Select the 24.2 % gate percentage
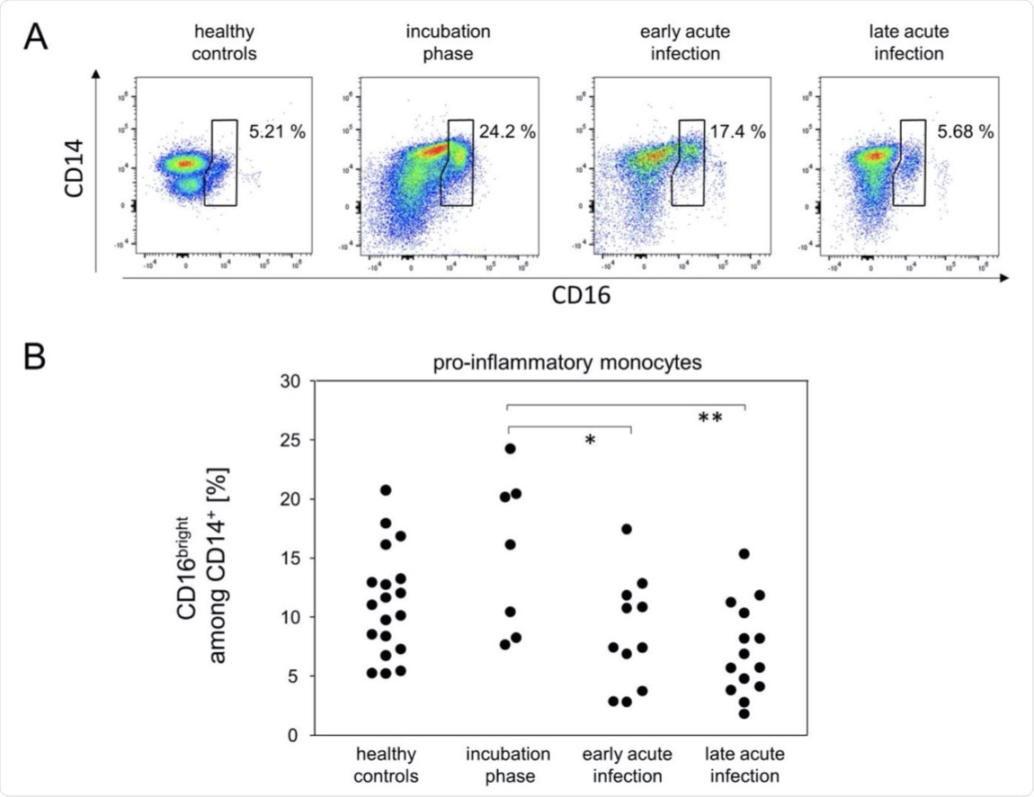tap(506, 132)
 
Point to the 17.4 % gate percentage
tap(736, 132)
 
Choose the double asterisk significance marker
tap(710, 418)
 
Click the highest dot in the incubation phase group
tap(510, 448)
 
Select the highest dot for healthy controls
tap(386, 490)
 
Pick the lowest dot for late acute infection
tap(744, 713)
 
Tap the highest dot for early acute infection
tap(627, 529)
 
